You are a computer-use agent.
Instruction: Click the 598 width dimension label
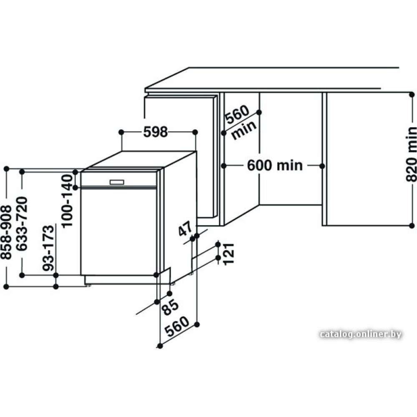click(x=156, y=132)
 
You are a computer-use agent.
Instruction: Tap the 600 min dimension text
click(x=275, y=166)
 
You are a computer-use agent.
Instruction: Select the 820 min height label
click(x=411, y=154)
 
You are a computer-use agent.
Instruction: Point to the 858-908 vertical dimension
click(x=6, y=232)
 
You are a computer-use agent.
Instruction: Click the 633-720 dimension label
click(x=22, y=224)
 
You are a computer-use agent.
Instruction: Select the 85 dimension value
click(x=171, y=307)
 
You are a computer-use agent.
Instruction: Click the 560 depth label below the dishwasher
click(x=176, y=327)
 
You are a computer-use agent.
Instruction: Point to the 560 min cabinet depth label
click(x=241, y=123)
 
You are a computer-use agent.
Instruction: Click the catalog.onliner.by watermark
click(x=361, y=334)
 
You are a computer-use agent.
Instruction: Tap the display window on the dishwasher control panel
click(x=117, y=182)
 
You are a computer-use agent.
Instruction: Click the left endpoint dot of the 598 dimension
click(x=121, y=132)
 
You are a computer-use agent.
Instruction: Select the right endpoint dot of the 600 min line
click(x=322, y=166)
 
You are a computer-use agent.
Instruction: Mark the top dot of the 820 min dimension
click(x=412, y=94)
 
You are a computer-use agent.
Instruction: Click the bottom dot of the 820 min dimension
click(x=412, y=226)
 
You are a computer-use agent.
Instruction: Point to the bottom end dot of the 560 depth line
click(x=160, y=346)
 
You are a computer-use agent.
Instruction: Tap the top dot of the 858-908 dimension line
click(x=6, y=168)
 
